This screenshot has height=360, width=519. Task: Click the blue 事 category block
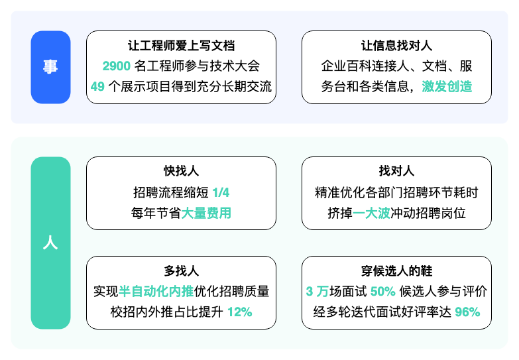coord(50,67)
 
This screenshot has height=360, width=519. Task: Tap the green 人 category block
coord(50,243)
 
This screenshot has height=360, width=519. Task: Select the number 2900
coord(117,66)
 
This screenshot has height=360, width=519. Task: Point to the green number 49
coord(97,87)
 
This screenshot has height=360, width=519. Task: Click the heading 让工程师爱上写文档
coord(182,46)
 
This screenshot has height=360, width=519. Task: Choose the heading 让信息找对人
coord(396,46)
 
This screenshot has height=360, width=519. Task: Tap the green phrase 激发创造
coord(447,87)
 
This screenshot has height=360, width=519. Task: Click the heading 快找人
coord(182,171)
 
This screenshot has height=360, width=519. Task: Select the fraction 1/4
coord(221,192)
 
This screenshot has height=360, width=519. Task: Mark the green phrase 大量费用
coord(206,213)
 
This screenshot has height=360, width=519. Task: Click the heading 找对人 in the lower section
coord(396,171)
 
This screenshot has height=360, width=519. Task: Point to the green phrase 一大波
coord(372,213)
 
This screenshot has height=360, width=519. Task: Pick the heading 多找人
coord(182,271)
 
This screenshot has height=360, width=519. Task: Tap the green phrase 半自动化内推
coord(156,292)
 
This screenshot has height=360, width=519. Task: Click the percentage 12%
coord(240,312)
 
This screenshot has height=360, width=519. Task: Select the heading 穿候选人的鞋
coord(396,271)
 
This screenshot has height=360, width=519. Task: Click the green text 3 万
coord(317,292)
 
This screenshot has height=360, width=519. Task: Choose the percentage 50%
coord(383,292)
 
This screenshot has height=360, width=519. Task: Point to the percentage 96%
coord(468,312)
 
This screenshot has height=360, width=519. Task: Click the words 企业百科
coord(346,66)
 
